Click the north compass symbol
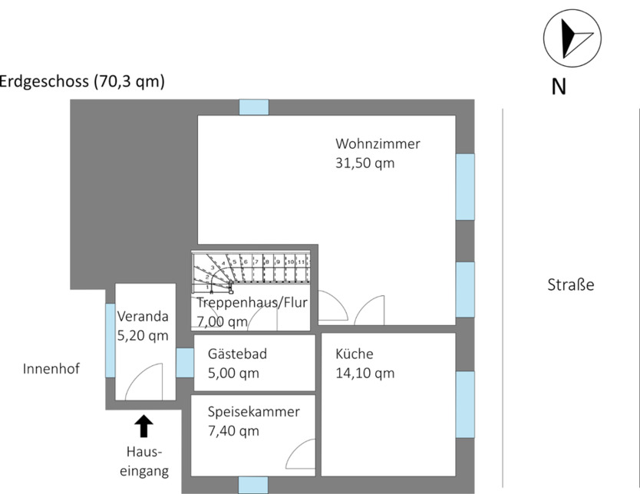(572, 38)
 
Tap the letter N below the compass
(559, 87)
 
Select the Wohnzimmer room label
(378, 143)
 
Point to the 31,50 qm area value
(365, 163)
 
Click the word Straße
(571, 285)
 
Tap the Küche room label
(355, 354)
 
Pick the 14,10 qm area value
(365, 374)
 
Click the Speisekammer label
(253, 412)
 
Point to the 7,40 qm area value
(233, 431)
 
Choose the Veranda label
(142, 315)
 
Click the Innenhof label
(51, 369)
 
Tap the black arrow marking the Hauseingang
(144, 426)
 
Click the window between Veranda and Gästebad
(185, 363)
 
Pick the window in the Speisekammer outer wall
(253, 484)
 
